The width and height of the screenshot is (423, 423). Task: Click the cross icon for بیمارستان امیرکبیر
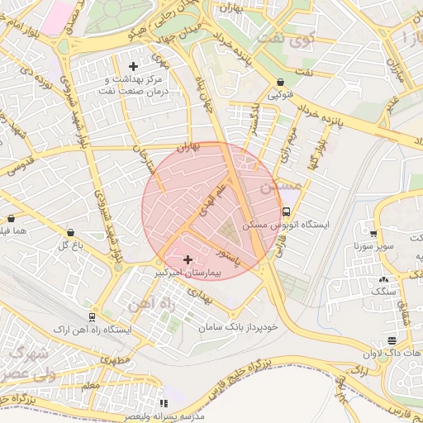pos(188,259)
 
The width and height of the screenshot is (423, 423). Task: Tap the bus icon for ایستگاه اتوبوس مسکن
pos(287,211)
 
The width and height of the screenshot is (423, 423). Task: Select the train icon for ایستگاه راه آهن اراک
pos(91,316)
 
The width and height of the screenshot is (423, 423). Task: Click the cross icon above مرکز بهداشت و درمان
pos(133,66)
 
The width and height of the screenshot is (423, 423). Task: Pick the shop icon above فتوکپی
pos(282,82)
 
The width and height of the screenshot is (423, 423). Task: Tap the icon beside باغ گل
pos(69,233)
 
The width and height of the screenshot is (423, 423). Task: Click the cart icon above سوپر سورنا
pos(373,234)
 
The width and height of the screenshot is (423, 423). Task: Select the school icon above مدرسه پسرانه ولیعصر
pos(163,404)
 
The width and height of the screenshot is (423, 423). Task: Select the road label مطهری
pos(118,361)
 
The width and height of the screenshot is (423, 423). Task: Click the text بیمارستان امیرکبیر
pos(188,272)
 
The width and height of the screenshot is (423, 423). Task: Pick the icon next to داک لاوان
pos(392,340)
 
